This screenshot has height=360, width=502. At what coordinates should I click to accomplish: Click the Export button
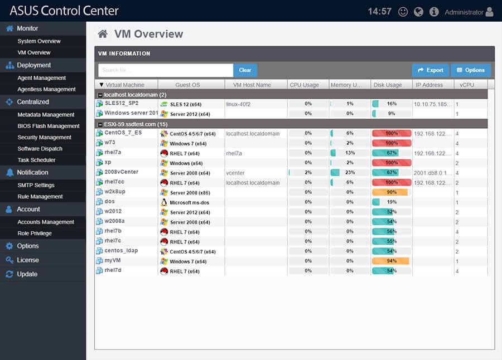pos(431,70)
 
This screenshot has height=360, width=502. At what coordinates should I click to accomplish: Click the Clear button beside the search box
pos(245,70)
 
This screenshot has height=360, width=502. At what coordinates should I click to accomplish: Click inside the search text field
pos(166,70)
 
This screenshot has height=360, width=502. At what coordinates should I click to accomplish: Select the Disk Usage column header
pos(388,85)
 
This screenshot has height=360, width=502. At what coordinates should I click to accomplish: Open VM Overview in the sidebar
pos(34,52)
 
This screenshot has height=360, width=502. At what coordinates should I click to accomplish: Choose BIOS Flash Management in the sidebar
pos(49,126)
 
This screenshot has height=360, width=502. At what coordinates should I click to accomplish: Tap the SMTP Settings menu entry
pos(36,185)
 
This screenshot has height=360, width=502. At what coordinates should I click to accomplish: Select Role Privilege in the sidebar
pos(35,233)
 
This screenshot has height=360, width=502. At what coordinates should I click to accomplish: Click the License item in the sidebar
pos(28,260)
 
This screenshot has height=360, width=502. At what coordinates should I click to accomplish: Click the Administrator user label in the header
pos(464,12)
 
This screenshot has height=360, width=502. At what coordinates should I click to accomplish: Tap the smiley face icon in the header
pos(403,12)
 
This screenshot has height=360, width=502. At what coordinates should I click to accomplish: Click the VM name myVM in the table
pos(113,261)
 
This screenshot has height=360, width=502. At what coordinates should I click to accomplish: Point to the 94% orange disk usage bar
pos(391,261)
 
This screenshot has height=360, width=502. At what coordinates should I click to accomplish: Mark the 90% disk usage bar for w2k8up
pos(390,192)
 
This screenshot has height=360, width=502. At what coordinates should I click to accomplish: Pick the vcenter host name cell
pos(235,173)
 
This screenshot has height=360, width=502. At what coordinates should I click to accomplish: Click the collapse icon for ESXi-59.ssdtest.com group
pos(99,124)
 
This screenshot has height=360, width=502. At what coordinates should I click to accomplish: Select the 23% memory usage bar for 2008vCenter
pos(350,173)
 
